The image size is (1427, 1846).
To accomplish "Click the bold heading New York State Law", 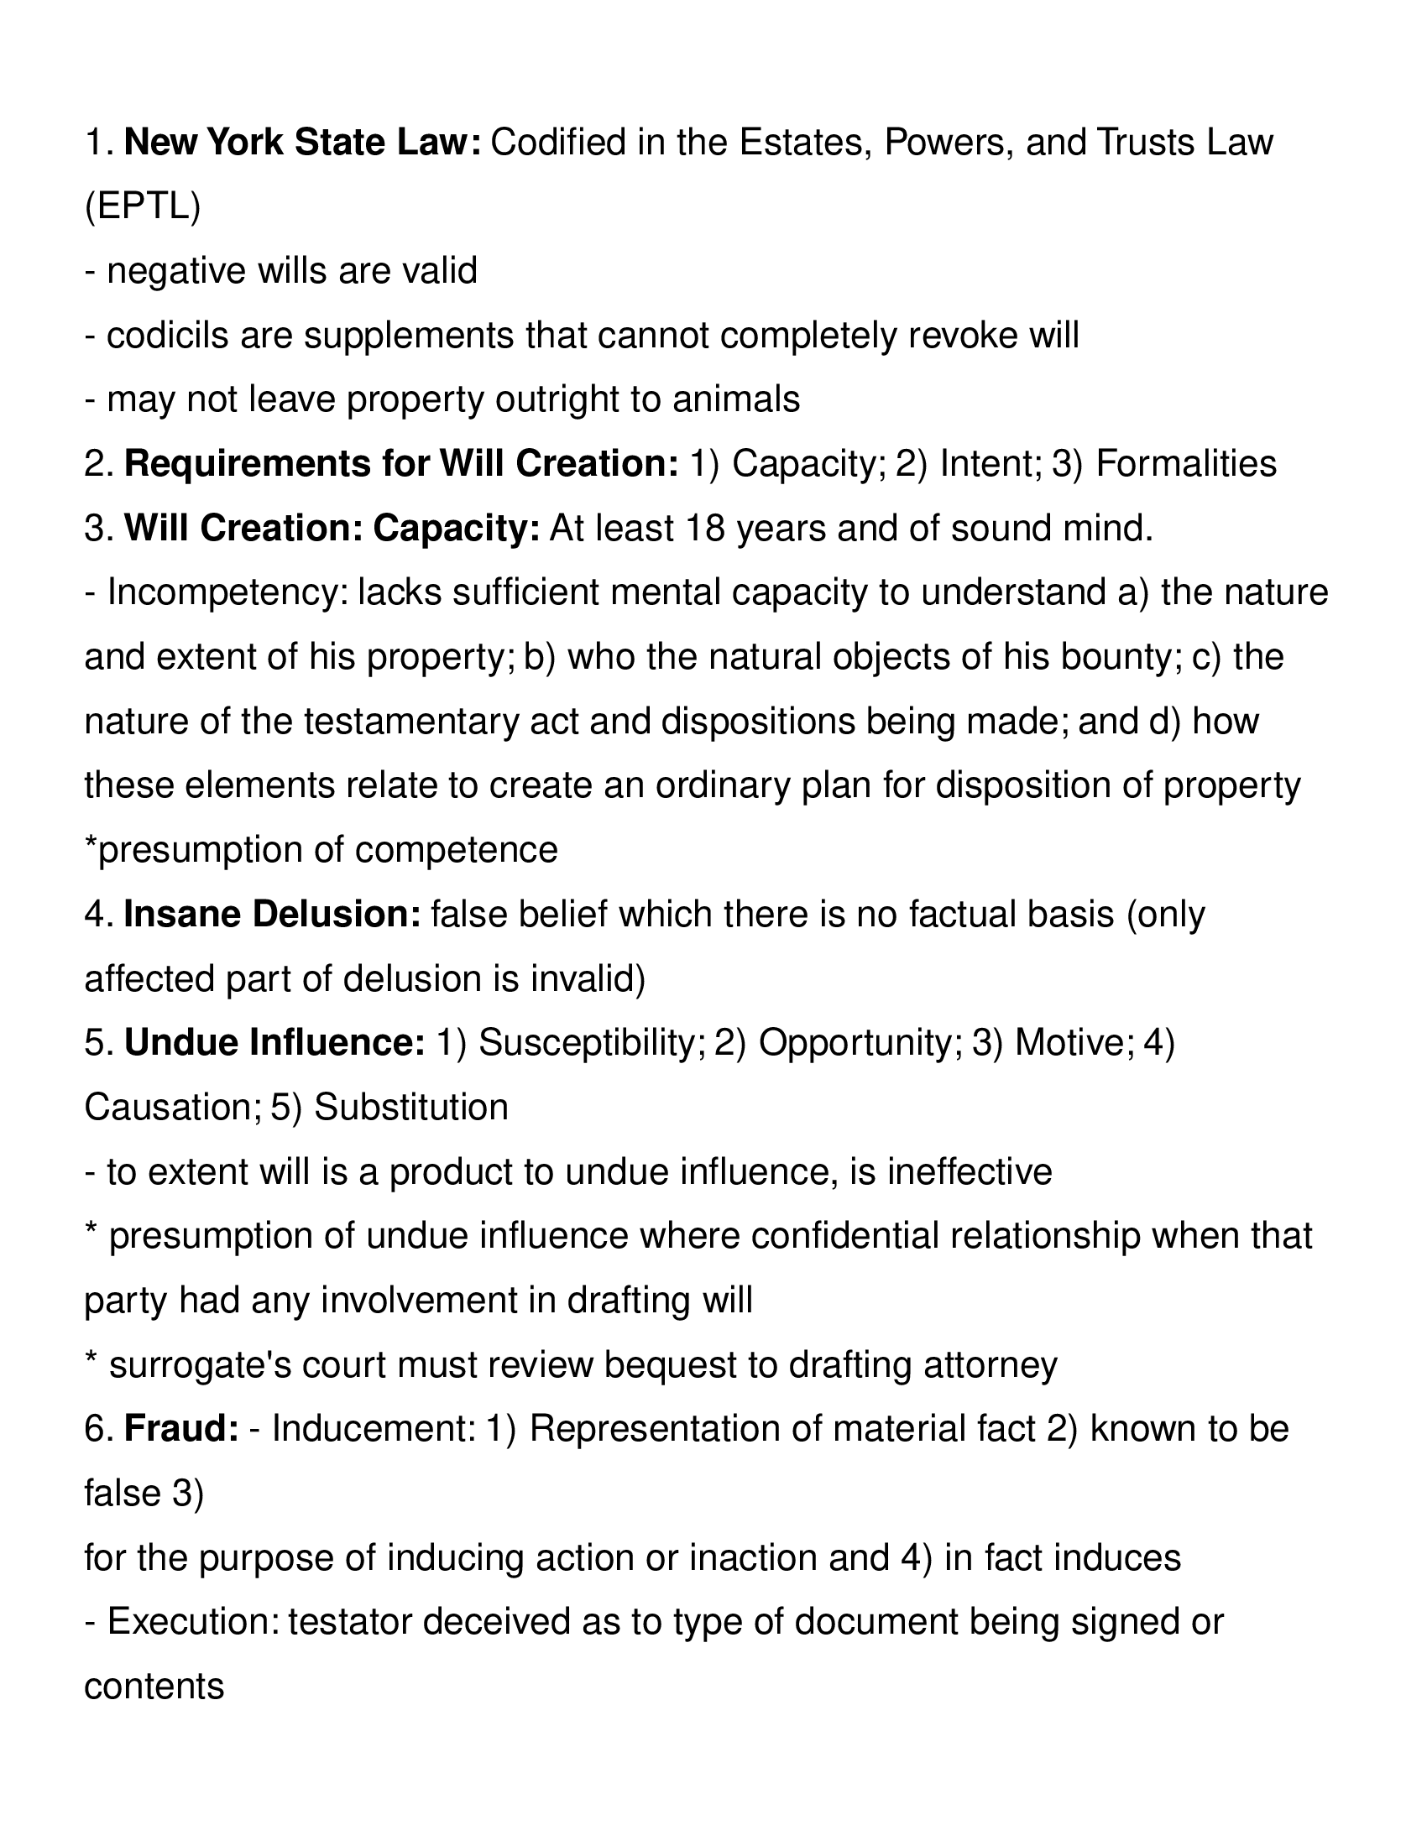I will [303, 143].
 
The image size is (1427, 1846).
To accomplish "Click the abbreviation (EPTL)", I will [143, 207].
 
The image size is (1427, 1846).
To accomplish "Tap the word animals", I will [735, 399].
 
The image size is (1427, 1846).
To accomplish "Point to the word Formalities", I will [1185, 464].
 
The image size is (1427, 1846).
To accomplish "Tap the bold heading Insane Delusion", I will [272, 915].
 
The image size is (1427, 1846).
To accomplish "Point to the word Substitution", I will [410, 1108].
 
